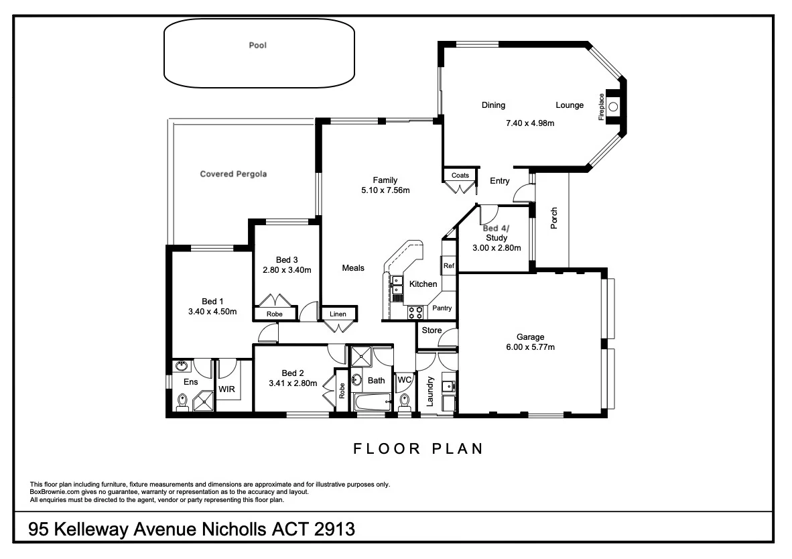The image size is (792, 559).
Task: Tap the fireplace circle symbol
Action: tap(612, 105)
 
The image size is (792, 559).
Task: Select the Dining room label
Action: tap(493, 105)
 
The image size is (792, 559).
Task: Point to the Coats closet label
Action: tap(460, 176)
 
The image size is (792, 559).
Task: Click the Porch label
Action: tap(554, 218)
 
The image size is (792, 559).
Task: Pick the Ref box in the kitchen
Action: tap(448, 266)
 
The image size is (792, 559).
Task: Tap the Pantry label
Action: tap(442, 308)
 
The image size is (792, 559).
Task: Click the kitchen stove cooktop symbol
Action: tap(415, 312)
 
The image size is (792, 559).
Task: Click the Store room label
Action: tap(432, 330)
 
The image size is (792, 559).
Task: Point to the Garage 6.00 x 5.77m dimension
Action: tap(530, 347)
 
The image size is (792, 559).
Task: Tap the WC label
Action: tap(404, 380)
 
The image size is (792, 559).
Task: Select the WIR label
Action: tap(226, 389)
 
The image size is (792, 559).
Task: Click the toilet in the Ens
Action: tap(182, 401)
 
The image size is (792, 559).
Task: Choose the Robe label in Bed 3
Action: tap(274, 314)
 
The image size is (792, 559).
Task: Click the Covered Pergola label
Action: tap(233, 174)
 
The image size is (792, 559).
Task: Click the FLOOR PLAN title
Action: tap(418, 449)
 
